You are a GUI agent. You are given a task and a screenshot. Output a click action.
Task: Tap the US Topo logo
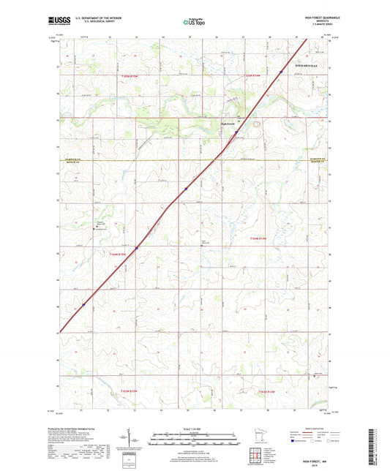(193, 23)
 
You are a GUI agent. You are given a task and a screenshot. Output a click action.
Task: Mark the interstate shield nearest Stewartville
(280, 72)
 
